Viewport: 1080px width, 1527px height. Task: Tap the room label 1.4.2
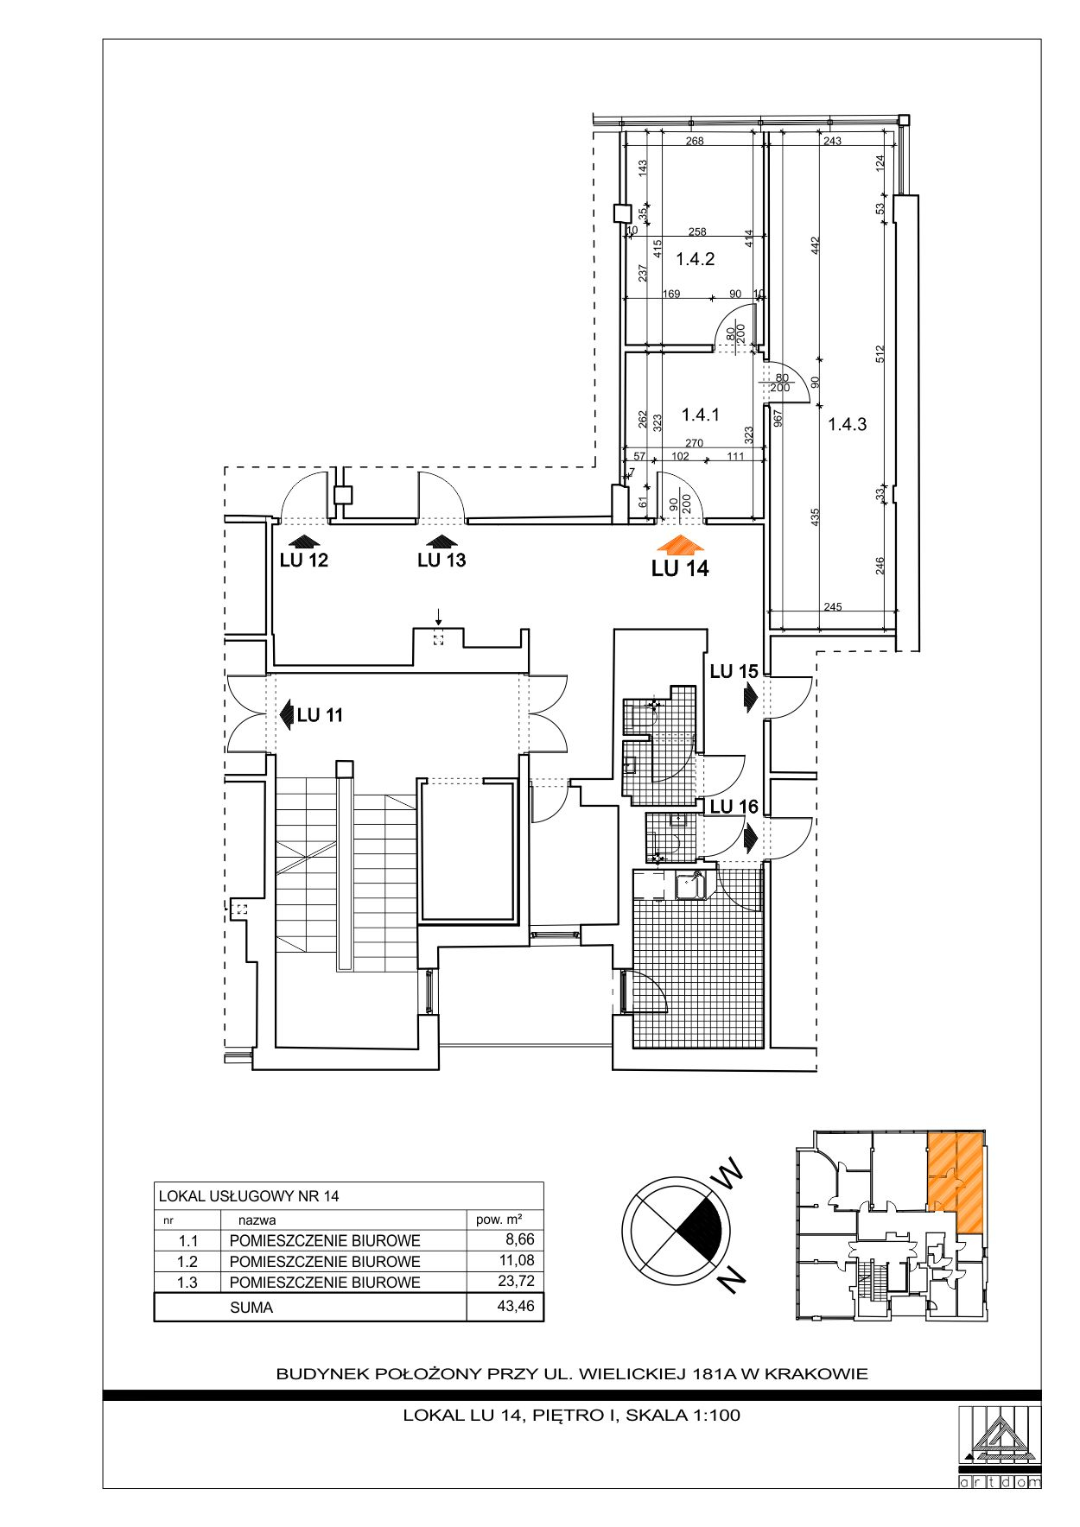click(x=695, y=259)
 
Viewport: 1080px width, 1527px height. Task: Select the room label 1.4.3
click(x=847, y=424)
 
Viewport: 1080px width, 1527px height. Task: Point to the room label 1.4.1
click(x=700, y=415)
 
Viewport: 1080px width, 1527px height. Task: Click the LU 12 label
click(x=304, y=561)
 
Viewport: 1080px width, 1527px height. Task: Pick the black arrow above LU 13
click(x=442, y=542)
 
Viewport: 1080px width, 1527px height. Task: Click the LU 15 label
click(x=734, y=671)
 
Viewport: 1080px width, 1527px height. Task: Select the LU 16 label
click(x=734, y=807)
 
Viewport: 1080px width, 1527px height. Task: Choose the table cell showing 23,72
click(x=516, y=1282)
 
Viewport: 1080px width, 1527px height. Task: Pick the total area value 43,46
click(x=516, y=1306)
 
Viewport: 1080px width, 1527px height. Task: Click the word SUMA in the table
click(x=251, y=1308)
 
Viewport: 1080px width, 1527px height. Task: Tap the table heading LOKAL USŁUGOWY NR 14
click(x=249, y=1196)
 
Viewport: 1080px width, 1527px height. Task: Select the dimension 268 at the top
click(x=695, y=141)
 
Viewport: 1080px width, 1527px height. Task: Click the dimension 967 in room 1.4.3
click(x=778, y=418)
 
